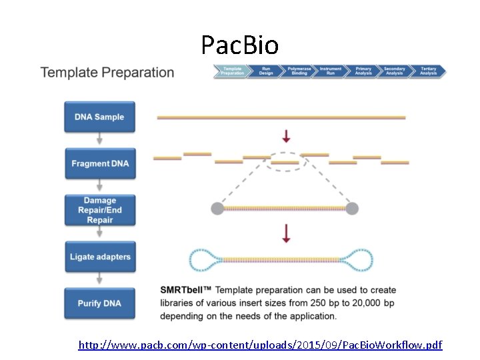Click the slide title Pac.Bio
click(x=240, y=45)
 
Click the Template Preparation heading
click(x=107, y=73)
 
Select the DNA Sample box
click(x=99, y=117)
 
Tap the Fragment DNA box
click(x=99, y=163)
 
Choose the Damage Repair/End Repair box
click(x=99, y=210)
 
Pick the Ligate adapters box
click(x=99, y=257)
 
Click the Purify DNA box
click(x=99, y=303)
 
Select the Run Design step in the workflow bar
click(x=266, y=71)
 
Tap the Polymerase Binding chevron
click(x=299, y=71)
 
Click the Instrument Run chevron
click(x=331, y=71)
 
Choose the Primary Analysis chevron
click(x=363, y=71)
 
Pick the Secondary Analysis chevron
click(x=395, y=71)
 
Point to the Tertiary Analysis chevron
click(x=428, y=71)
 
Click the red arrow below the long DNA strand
click(x=287, y=136)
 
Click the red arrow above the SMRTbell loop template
click(x=287, y=232)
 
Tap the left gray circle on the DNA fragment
click(x=217, y=209)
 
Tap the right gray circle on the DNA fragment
click(x=352, y=209)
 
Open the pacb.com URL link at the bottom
click(x=260, y=345)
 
